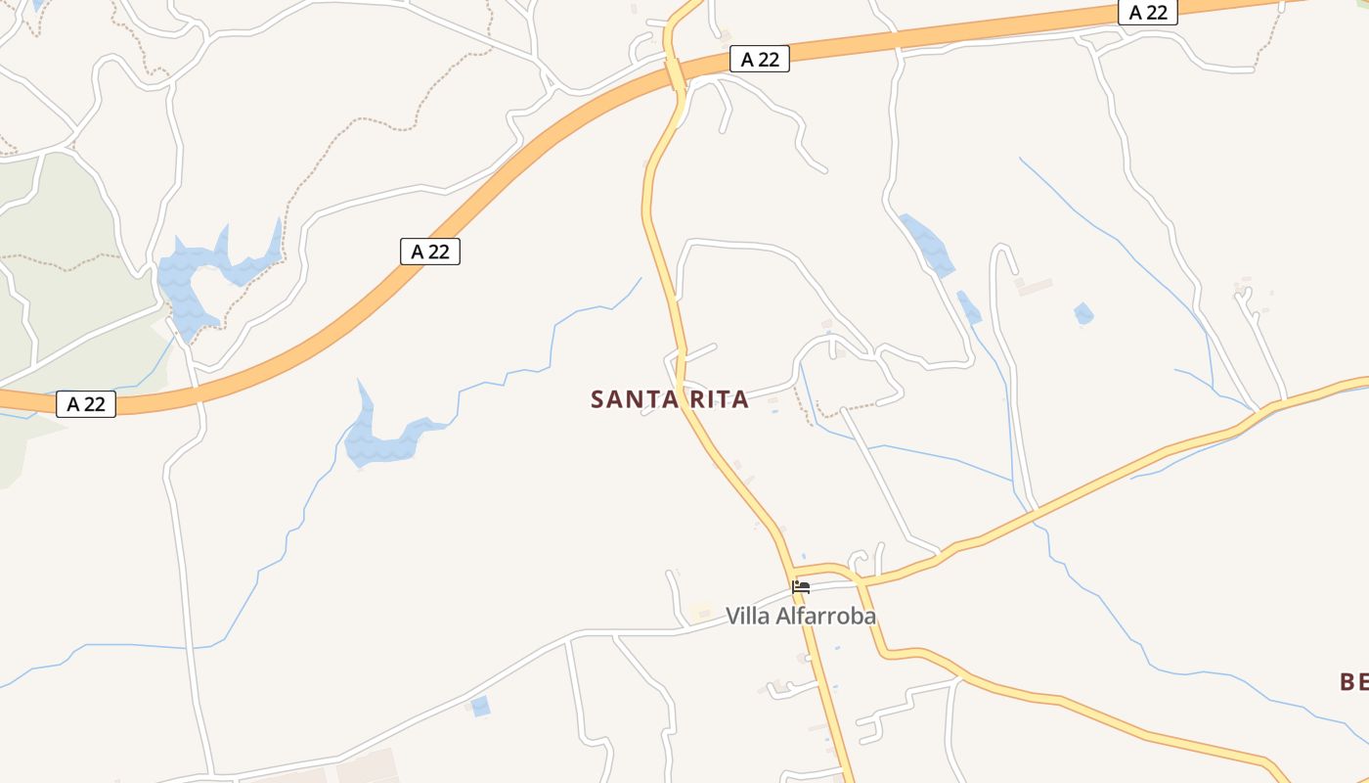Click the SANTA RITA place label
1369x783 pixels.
(670, 399)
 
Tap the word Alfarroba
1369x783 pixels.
(826, 616)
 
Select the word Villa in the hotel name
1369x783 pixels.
(748, 616)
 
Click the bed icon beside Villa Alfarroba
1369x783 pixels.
(801, 587)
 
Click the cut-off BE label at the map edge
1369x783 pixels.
(1353, 681)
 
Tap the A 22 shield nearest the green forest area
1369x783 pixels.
(86, 403)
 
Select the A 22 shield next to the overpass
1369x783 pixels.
(760, 60)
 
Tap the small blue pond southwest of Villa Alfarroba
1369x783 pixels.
(480, 706)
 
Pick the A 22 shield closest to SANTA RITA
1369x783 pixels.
(430, 252)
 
